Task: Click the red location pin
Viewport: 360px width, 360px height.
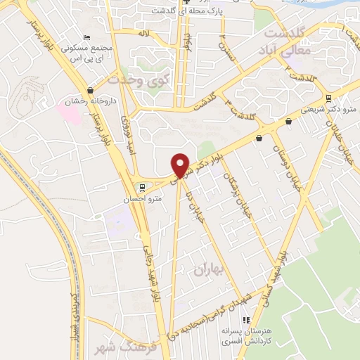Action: coord(181,165)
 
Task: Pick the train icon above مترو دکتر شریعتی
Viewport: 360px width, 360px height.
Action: coord(330,98)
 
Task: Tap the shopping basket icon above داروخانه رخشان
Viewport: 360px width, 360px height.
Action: coord(90,91)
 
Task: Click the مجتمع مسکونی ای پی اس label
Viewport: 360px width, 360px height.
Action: coord(85,53)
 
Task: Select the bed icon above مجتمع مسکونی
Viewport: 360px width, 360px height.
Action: coord(86,37)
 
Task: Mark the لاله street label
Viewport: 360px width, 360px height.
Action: coord(143,32)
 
